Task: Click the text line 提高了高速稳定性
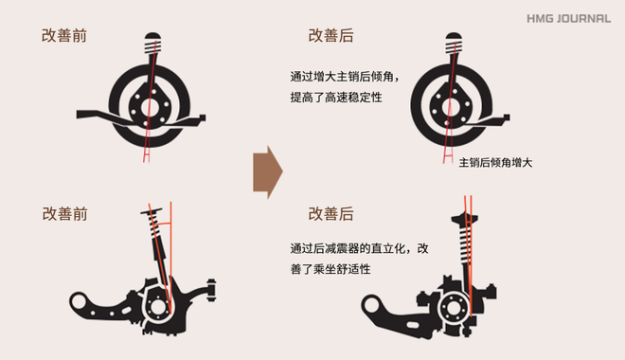335,98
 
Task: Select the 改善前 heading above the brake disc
65,35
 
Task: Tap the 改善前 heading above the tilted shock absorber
65,214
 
